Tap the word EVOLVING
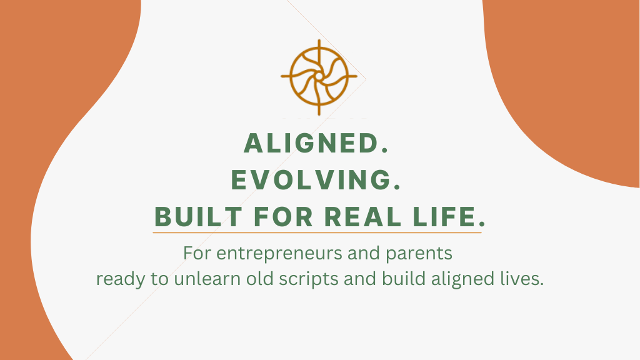tap(311, 180)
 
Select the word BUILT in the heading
tap(198, 217)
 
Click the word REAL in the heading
tap(363, 217)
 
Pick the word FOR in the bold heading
tap(283, 217)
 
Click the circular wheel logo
tap(319, 77)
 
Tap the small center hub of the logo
tap(319, 77)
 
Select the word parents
tap(419, 254)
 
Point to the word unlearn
tap(207, 279)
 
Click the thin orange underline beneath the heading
tap(317, 232)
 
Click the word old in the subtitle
tap(259, 279)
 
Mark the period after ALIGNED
tap(384, 151)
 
